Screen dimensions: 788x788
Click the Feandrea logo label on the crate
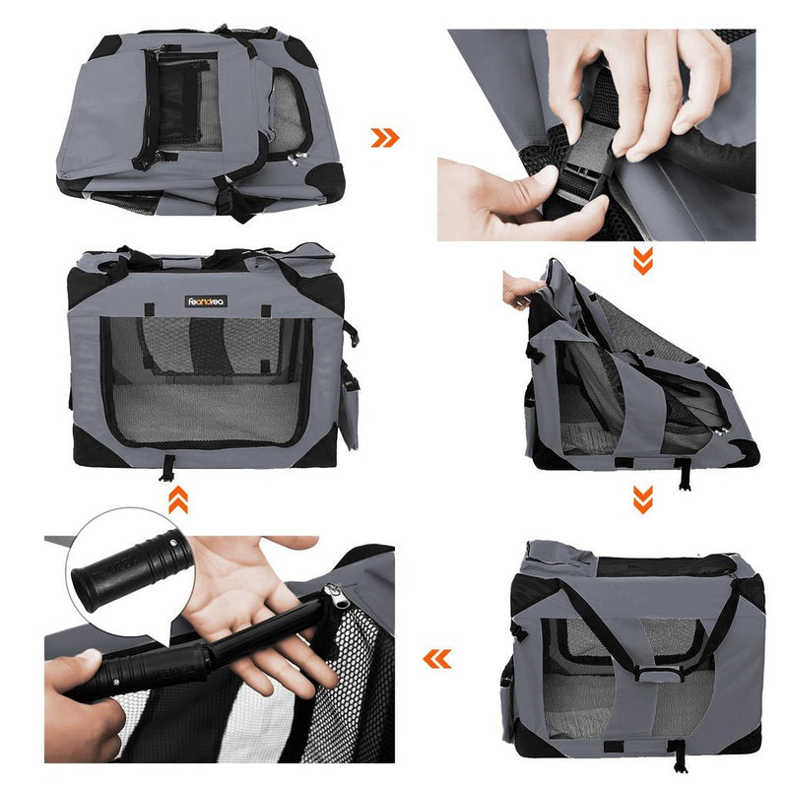[206, 301]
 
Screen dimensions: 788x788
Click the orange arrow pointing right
[385, 137]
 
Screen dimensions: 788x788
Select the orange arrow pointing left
[436, 658]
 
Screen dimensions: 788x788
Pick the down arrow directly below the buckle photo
[642, 261]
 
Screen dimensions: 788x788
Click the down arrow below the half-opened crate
[642, 499]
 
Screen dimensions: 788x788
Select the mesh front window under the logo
[207, 379]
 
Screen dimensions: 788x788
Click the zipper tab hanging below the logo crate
[168, 466]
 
